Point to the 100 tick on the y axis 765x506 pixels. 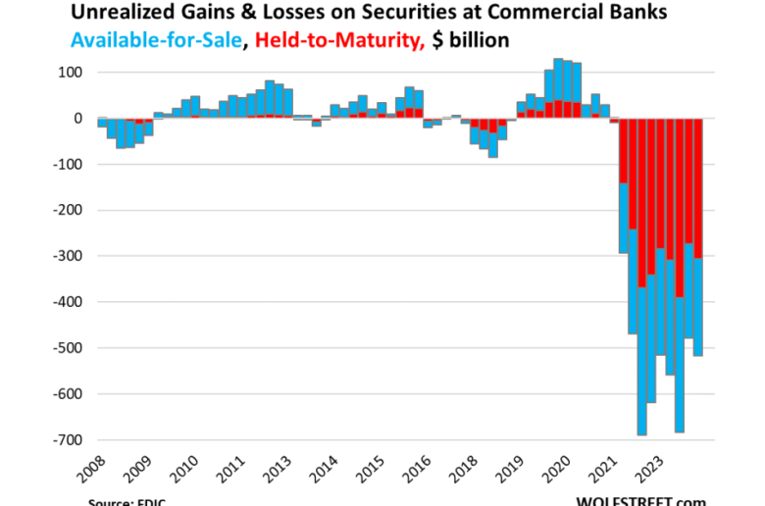point(70,73)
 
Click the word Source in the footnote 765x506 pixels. point(109,501)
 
